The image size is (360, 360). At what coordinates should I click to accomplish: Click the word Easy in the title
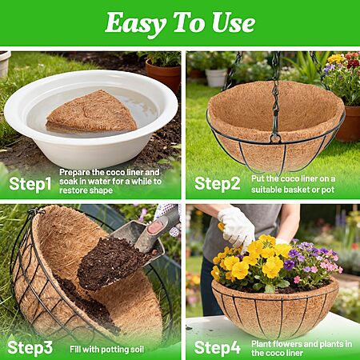(135, 24)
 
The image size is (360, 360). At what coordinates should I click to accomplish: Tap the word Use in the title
(234, 23)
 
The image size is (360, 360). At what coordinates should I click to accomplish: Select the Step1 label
(30, 184)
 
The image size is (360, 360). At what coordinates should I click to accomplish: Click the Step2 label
(218, 184)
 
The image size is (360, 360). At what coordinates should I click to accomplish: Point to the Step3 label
(30, 348)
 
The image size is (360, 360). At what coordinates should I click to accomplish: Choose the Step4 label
(218, 348)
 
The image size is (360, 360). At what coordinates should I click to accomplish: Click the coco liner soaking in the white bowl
(91, 112)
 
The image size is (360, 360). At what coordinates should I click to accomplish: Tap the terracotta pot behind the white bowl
(163, 74)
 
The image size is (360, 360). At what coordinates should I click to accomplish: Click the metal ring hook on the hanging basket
(275, 138)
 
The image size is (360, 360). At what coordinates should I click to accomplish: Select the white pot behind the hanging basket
(216, 78)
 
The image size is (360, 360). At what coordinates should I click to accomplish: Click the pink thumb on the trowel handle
(155, 227)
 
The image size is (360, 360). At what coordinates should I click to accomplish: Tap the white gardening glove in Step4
(236, 226)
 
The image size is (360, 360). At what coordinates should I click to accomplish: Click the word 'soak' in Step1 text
(69, 182)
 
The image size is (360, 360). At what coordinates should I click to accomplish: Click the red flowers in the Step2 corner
(353, 61)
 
